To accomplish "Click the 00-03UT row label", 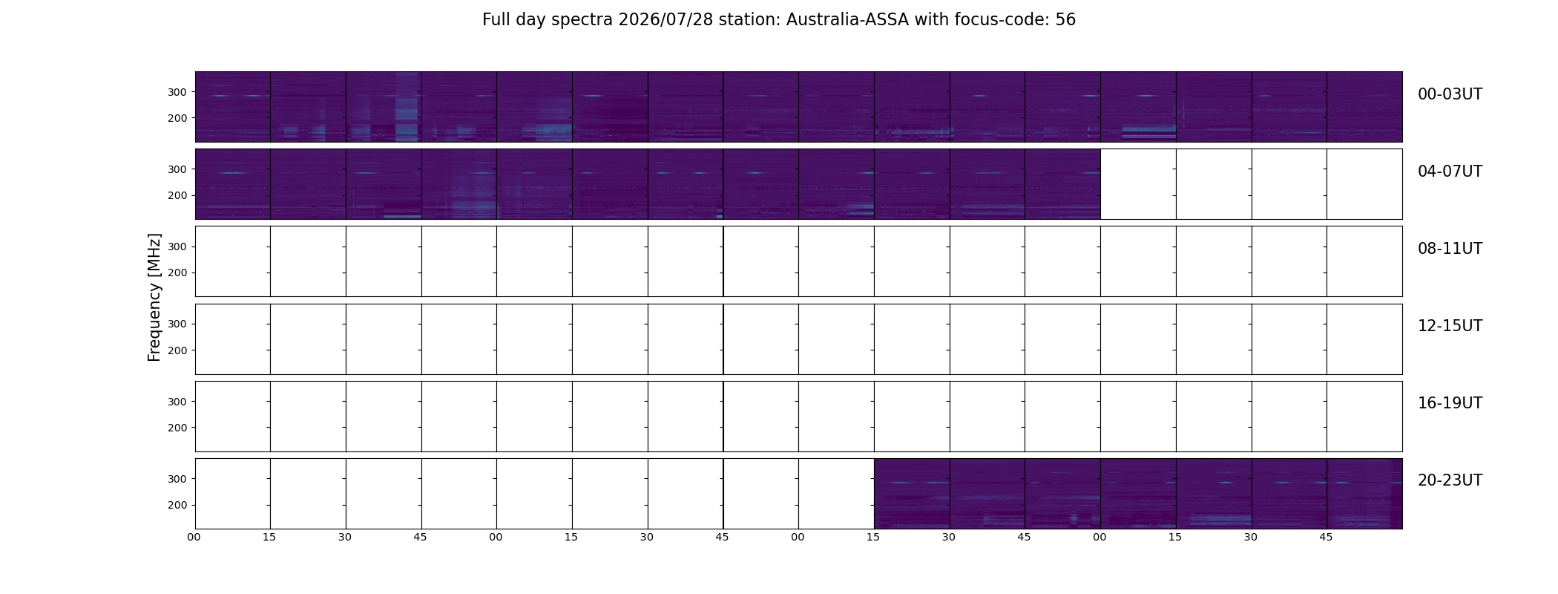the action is (x=1450, y=94).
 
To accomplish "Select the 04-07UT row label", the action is (x=1450, y=172).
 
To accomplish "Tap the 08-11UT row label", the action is (x=1450, y=249).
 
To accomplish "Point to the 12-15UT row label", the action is (x=1450, y=326).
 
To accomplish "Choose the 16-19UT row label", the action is (x=1450, y=403).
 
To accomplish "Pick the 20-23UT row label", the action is (x=1450, y=480).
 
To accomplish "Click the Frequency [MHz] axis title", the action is (x=154, y=297).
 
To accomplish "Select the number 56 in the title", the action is (x=1065, y=20).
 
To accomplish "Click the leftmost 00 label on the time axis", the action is (x=194, y=537).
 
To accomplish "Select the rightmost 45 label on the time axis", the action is (x=1326, y=537).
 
